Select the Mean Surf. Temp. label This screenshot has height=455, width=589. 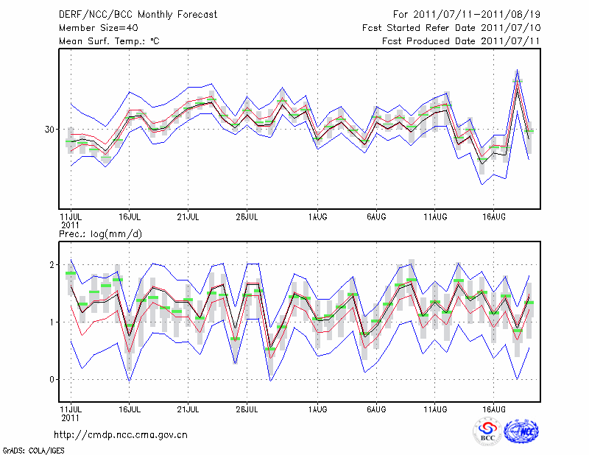(109, 41)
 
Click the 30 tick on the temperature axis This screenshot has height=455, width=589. (49, 129)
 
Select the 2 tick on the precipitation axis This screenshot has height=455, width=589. (52, 264)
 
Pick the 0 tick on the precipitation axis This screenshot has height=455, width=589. (52, 379)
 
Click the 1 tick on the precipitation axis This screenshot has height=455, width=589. (52, 322)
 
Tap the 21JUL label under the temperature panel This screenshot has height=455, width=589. (188, 216)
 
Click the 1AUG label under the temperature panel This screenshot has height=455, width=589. (318, 216)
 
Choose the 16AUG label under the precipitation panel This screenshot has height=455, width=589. (494, 408)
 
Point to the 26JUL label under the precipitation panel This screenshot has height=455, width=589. (247, 408)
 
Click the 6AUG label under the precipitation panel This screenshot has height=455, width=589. (377, 408)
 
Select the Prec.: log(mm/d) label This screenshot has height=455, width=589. (100, 234)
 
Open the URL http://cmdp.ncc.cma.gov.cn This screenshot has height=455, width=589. (121, 434)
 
